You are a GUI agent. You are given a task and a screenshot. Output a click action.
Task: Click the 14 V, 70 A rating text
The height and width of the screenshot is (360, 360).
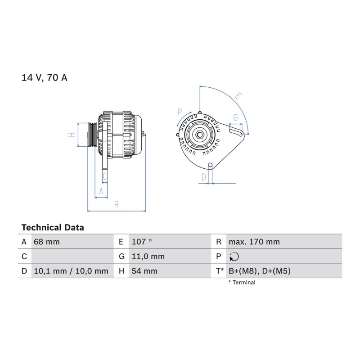[44, 77]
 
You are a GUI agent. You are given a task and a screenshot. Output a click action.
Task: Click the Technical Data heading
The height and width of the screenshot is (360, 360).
[53, 228]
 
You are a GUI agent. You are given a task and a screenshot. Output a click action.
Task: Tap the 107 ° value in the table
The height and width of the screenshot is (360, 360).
[142, 242]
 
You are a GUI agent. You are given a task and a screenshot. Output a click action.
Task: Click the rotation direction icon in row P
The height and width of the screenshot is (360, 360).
[234, 256]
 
